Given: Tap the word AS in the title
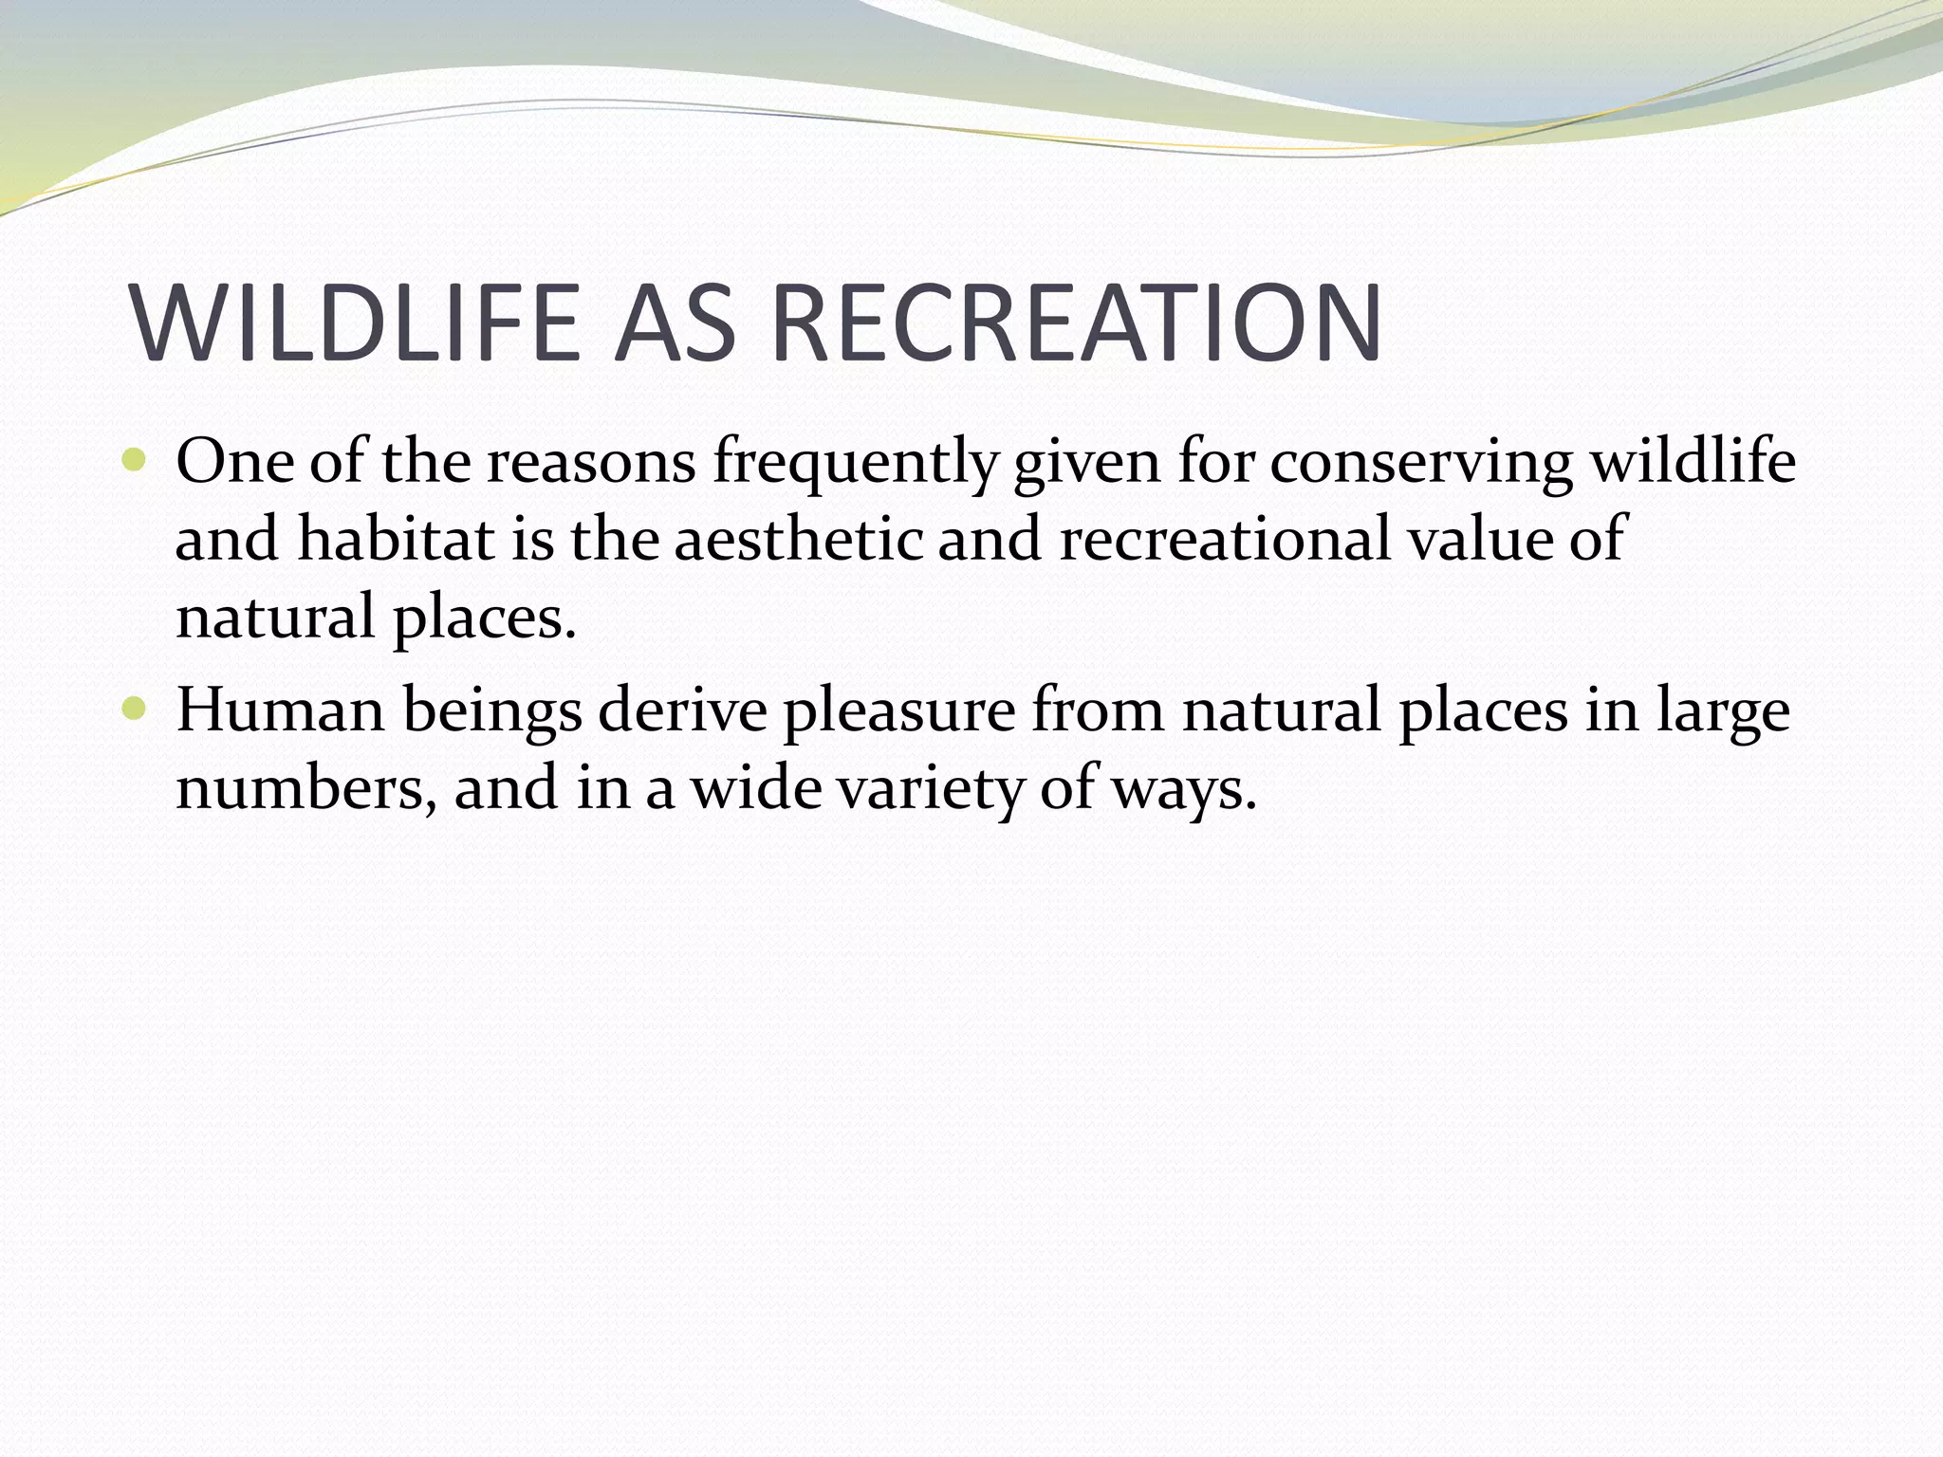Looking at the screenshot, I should coord(675,323).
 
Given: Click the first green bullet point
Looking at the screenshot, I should coord(135,462).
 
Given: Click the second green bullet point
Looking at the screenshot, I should coord(135,709).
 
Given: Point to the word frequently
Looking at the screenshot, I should coord(854,465).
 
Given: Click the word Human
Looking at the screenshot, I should coord(281,711).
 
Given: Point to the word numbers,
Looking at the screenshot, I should coord(305,789).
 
